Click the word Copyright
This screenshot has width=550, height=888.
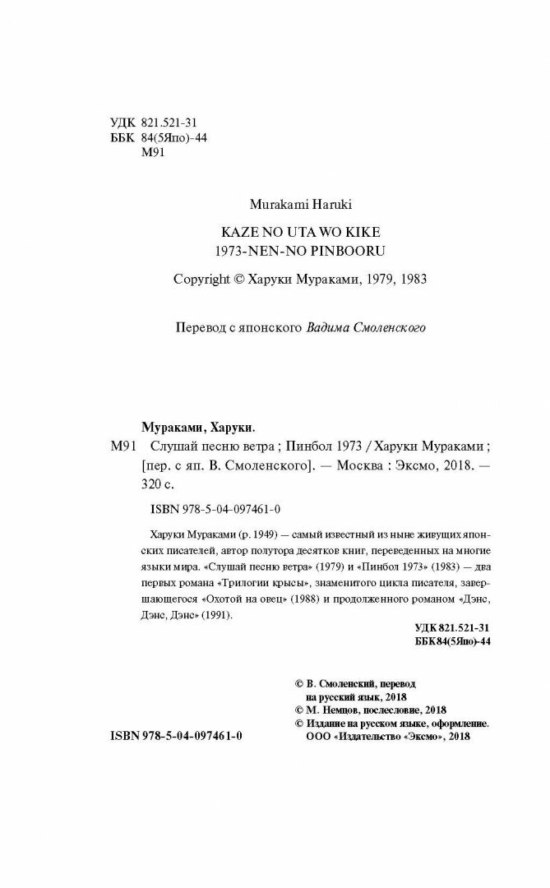203,279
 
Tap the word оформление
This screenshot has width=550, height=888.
452,724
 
